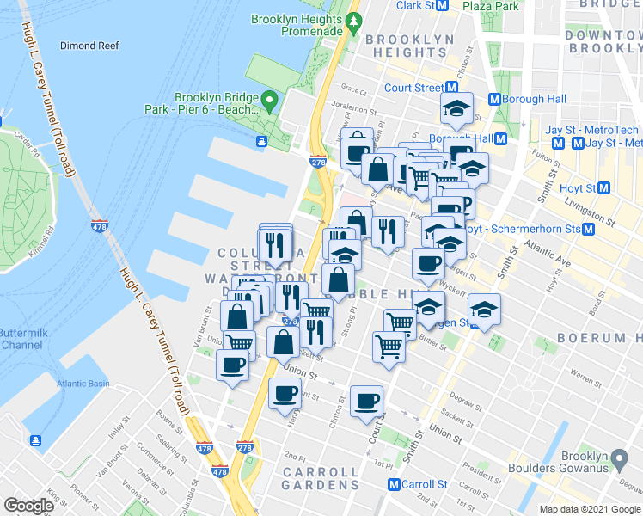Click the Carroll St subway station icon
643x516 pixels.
395,484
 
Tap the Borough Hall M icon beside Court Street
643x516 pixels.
494,99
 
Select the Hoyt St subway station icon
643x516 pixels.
604,188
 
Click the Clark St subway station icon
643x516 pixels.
444,5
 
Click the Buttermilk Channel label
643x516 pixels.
20,338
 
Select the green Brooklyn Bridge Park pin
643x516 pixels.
268,104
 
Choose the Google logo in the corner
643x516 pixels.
29,506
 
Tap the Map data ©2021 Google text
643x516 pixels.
589,509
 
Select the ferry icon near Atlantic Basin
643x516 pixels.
36,441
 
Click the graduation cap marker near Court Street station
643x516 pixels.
456,108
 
